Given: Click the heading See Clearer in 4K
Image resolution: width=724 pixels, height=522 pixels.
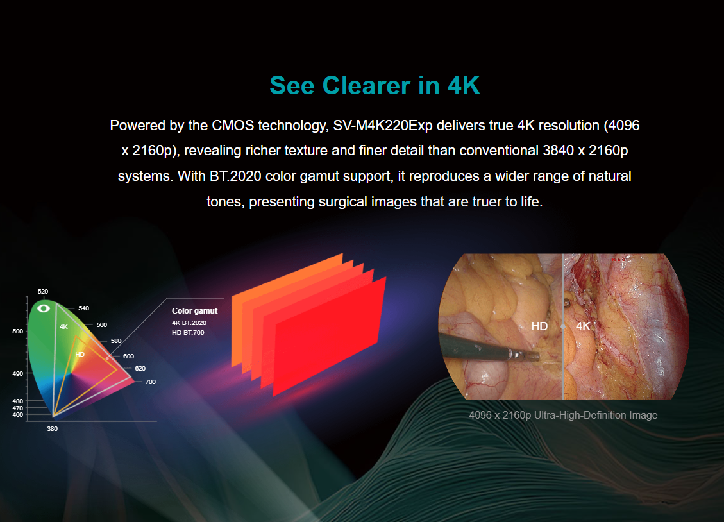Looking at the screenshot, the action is [375, 85].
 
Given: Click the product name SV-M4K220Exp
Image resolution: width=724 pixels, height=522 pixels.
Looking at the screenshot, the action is [382, 126].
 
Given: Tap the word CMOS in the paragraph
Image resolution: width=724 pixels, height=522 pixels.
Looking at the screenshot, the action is [233, 126].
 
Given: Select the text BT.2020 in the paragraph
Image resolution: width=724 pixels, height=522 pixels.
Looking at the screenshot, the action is [235, 176].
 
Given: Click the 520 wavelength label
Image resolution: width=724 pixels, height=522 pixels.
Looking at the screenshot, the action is [43, 292].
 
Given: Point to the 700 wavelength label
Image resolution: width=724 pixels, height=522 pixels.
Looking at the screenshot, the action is [151, 382].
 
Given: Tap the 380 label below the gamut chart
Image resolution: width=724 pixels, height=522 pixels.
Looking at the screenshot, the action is [52, 429].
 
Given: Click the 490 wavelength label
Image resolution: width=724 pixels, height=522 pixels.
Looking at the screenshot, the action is [17, 373].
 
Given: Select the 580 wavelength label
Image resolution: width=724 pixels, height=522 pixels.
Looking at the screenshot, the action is [116, 341].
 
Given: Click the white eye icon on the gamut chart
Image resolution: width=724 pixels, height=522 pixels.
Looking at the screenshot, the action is [44, 308].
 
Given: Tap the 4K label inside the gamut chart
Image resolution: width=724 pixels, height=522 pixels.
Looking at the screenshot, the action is [63, 327].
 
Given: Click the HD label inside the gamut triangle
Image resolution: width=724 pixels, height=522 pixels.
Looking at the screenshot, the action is [80, 355].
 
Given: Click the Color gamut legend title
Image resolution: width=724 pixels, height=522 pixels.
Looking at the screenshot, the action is [194, 311].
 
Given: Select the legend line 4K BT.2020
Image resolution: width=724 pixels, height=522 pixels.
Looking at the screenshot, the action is [189, 323].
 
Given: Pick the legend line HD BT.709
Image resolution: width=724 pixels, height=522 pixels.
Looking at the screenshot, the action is [188, 333].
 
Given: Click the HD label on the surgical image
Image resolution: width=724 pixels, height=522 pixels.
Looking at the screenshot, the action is [539, 326].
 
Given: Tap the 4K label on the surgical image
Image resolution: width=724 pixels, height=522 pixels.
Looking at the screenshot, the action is [583, 326].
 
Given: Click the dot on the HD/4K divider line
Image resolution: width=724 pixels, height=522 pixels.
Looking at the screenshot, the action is [563, 326].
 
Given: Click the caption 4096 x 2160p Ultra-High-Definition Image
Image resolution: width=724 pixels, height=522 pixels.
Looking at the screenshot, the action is [563, 416].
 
